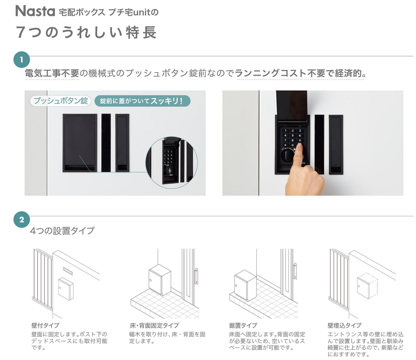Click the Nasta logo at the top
pos(35,11)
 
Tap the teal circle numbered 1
pos(21,59)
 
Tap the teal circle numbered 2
pos(21,220)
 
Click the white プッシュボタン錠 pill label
pos(61,101)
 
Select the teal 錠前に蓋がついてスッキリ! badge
pos(142,101)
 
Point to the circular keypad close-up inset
pos(172,163)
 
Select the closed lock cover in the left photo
pos(80,143)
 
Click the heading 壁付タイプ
pos(45,325)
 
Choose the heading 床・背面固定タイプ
pos(154,325)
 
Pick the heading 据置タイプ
pos(243,325)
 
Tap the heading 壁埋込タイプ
pos(344,325)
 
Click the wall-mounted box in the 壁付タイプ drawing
pos(66,288)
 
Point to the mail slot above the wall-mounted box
pos(68,271)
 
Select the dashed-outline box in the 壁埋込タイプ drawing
pos(367,286)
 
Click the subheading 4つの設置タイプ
pos(62,231)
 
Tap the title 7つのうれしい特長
pos(86,32)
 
